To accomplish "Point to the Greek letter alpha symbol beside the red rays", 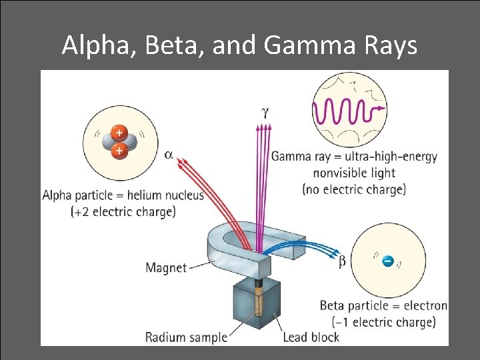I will click(169, 155).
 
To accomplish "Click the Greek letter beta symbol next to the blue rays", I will click(342, 262).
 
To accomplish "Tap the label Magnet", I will click(166, 268).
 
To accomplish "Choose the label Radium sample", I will click(186, 337).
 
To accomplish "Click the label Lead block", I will click(311, 337).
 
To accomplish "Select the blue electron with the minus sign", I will click(388, 260).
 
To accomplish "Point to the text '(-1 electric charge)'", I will click(377, 322).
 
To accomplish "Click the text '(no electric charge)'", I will click(353, 189).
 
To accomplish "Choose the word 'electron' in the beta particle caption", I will click(423, 306).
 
